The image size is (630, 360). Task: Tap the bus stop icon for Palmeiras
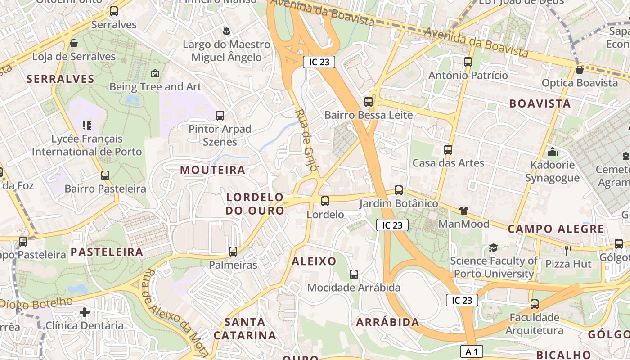pyautogui.click(x=233, y=252)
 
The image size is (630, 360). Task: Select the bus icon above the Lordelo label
pyautogui.click(x=325, y=201)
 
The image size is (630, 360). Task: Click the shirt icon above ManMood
pyautogui.click(x=464, y=210)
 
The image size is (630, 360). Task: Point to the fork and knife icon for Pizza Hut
pyautogui.click(x=568, y=250)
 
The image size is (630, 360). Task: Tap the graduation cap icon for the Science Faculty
pyautogui.click(x=494, y=247)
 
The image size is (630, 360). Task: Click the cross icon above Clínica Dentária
pyautogui.click(x=85, y=312)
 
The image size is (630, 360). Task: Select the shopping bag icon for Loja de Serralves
pyautogui.click(x=74, y=43)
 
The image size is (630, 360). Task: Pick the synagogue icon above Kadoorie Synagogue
pyautogui.click(x=553, y=152)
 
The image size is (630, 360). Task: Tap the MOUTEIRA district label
pyautogui.click(x=213, y=170)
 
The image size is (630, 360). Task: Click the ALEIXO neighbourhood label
pyautogui.click(x=314, y=261)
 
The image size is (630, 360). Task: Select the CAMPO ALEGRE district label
pyautogui.click(x=556, y=229)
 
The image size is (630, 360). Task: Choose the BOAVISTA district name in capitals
pyautogui.click(x=540, y=103)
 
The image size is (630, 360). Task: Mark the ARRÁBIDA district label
pyautogui.click(x=388, y=322)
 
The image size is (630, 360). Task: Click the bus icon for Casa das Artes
pyautogui.click(x=448, y=150)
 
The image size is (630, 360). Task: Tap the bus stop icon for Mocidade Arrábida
pyautogui.click(x=354, y=274)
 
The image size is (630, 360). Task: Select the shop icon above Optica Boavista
pyautogui.click(x=580, y=70)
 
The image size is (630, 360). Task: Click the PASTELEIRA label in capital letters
pyautogui.click(x=107, y=252)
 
